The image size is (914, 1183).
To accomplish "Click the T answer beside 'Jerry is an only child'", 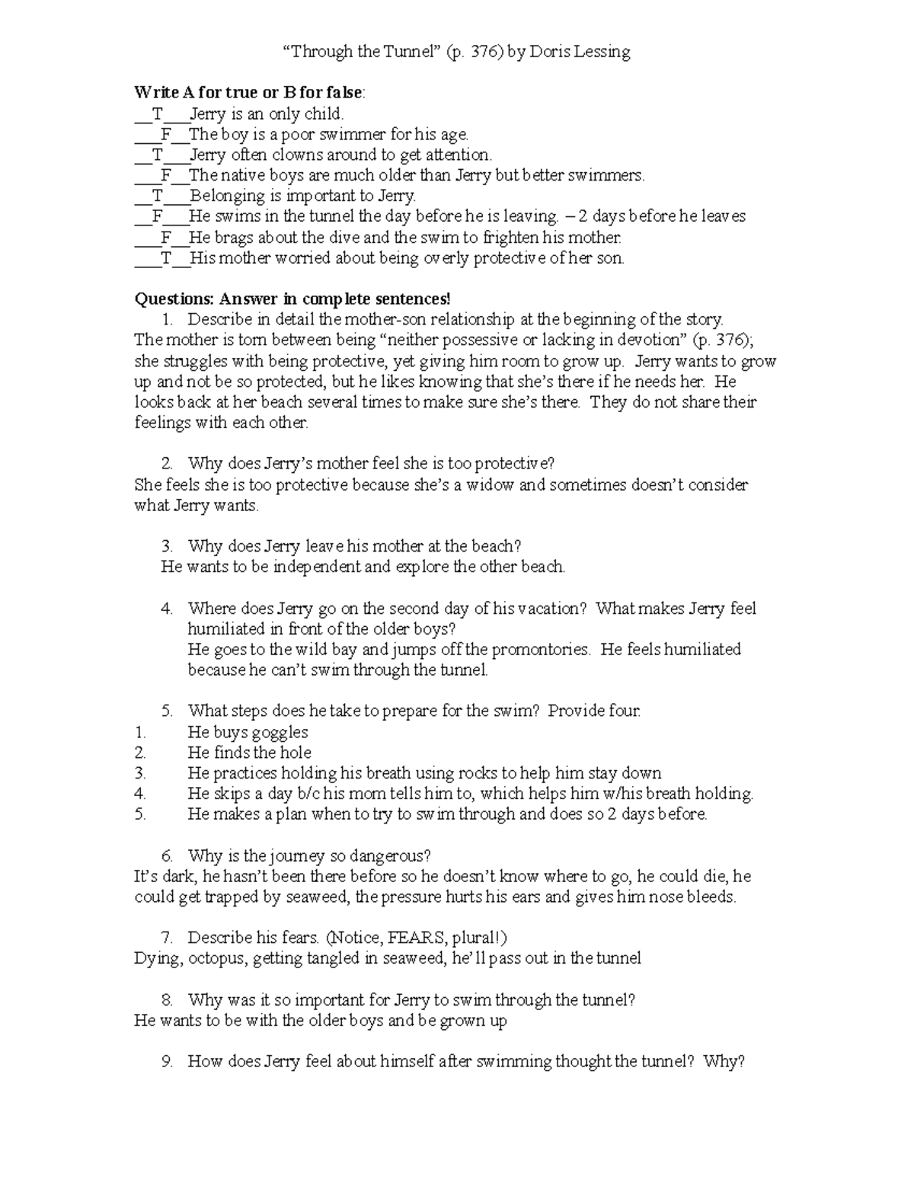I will (157, 114).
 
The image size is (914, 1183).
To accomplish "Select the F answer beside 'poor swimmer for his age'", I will (166, 135).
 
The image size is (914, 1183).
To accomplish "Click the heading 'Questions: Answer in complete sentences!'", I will (292, 299).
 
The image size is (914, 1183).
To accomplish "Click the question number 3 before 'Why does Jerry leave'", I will (167, 546).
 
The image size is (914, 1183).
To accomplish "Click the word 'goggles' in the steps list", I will (280, 733).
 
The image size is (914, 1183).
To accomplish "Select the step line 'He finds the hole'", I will (249, 753).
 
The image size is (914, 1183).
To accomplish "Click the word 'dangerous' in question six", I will (393, 856).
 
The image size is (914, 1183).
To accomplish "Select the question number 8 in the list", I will (167, 1000).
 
